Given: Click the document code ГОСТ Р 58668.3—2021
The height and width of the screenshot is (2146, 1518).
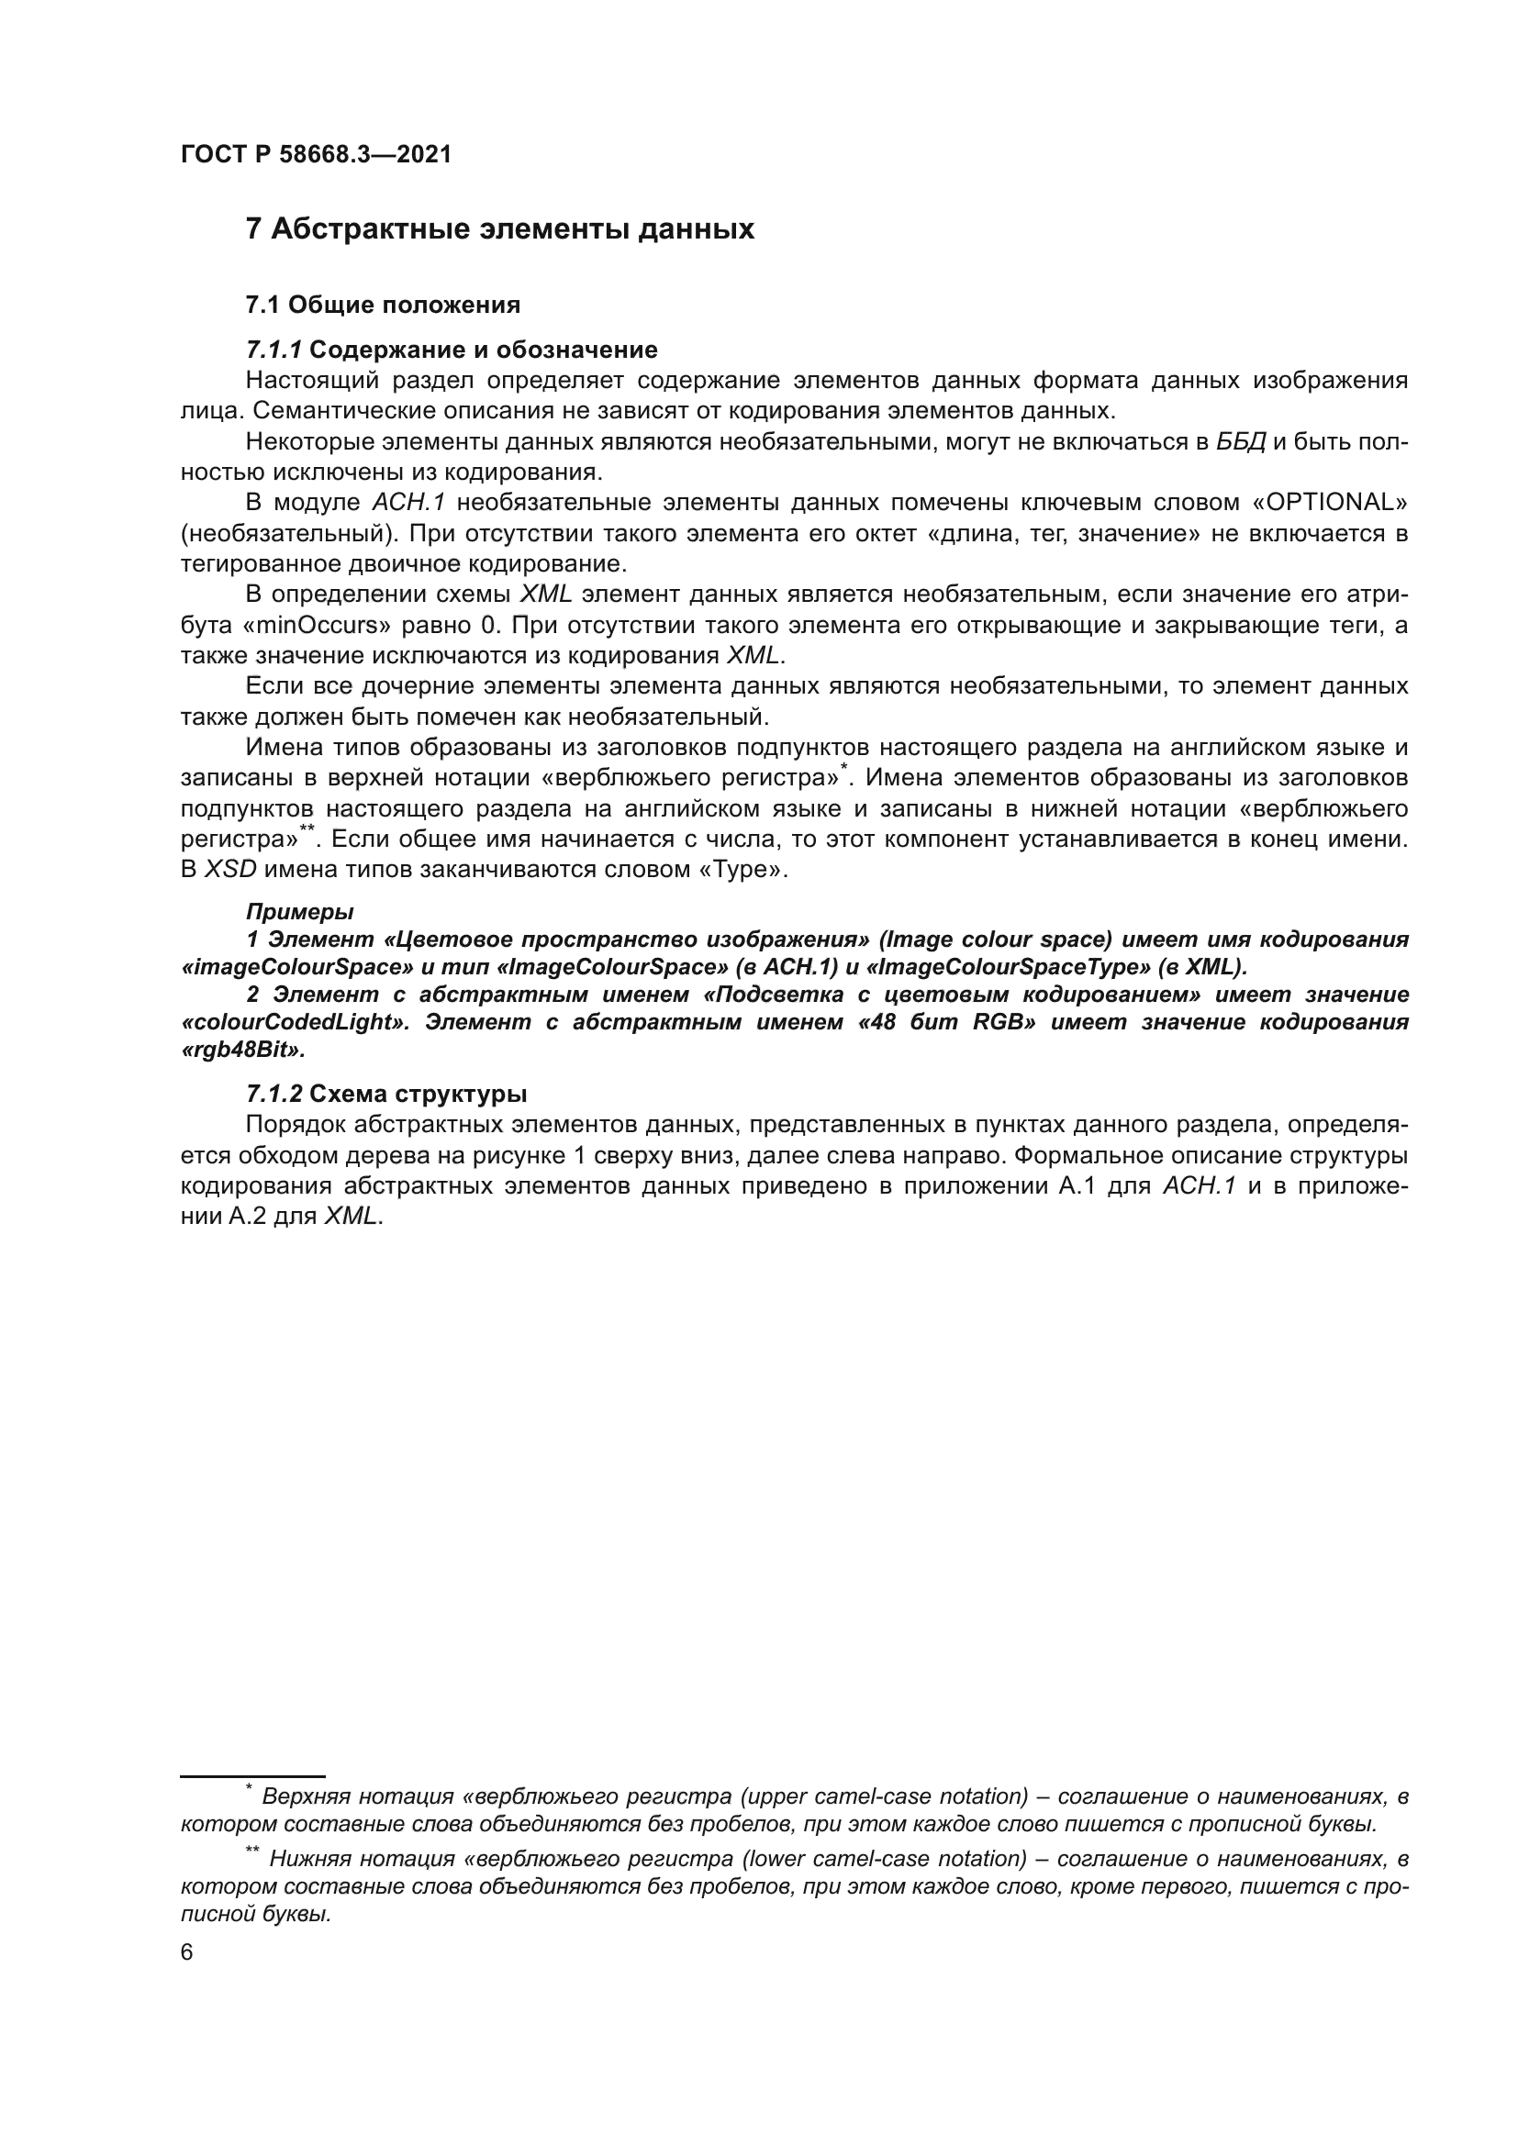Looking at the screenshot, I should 316,155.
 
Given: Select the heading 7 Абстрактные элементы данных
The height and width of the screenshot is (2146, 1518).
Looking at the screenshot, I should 499,229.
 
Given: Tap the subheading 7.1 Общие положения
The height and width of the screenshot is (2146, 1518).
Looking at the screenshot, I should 383,305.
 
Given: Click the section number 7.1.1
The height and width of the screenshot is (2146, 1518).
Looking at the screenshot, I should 273,350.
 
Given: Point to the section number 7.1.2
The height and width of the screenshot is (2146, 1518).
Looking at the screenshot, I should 273,1094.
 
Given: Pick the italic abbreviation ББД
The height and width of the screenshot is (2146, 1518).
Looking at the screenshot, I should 1242,442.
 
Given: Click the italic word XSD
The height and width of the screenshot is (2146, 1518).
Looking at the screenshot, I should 230,869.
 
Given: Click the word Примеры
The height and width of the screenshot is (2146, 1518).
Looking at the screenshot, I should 299,911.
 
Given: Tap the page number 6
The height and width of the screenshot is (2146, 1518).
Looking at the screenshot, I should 187,1953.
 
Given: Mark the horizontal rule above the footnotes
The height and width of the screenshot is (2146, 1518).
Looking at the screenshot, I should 252,1775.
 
